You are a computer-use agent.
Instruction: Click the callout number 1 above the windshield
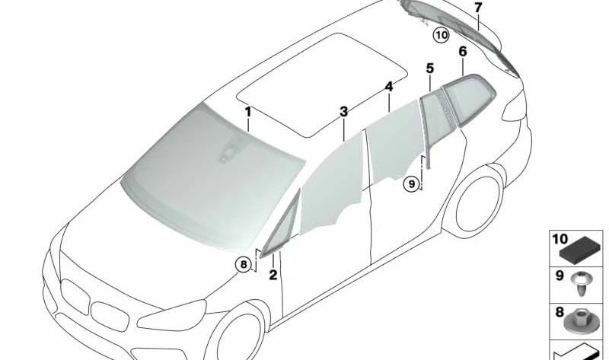(247, 112)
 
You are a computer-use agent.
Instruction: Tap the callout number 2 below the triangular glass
(273, 275)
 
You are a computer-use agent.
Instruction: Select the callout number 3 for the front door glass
(344, 112)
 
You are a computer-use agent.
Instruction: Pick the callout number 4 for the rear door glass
(389, 87)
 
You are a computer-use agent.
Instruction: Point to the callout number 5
(429, 68)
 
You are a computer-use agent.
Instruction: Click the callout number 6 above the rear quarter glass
(463, 51)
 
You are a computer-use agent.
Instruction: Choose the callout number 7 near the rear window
(478, 7)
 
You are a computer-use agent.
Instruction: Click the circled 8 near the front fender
(244, 264)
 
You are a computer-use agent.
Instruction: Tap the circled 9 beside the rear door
(412, 183)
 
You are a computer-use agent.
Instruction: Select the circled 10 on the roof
(442, 35)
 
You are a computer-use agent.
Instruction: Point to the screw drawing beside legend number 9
(581, 284)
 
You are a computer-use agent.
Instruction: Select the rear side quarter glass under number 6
(469, 100)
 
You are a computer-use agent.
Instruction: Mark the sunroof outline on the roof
(322, 84)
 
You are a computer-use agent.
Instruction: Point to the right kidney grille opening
(110, 316)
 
